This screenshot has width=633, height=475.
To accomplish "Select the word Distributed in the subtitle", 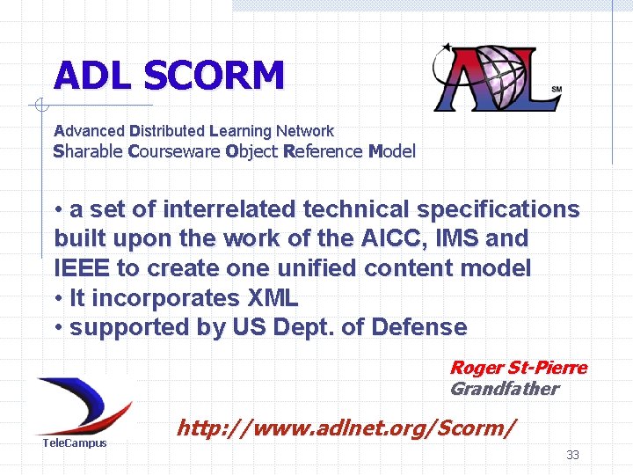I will (x=166, y=131).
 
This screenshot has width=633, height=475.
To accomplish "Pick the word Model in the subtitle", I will (x=391, y=151).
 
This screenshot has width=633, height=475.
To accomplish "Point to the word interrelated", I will (x=231, y=209).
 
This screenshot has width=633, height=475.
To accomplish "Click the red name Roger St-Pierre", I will (x=518, y=368).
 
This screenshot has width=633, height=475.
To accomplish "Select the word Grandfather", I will (x=504, y=389).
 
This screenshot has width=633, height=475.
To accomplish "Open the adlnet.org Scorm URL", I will (x=346, y=429).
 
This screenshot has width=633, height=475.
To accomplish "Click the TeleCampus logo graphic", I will (x=84, y=405).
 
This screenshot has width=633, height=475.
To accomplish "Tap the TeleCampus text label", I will (x=75, y=443).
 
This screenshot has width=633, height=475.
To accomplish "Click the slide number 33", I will (x=572, y=455).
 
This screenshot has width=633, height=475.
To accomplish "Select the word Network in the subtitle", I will (x=304, y=131).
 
